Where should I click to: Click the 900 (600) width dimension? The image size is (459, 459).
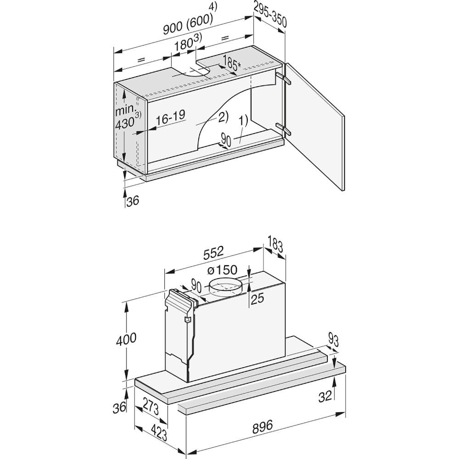point(188,24)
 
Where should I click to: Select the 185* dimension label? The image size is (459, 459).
point(231,62)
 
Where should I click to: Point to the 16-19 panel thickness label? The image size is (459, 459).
point(170,117)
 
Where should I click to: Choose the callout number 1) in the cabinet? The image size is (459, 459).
point(243,121)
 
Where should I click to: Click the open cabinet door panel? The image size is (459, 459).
point(315,127)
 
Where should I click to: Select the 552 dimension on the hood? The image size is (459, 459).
point(213,252)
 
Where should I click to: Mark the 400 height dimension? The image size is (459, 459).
point(126,339)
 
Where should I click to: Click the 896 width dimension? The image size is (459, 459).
point(262,426)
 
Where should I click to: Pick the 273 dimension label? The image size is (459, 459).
point(151,407)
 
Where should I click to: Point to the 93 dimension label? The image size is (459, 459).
point(333,340)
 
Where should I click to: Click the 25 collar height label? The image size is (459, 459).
point(257,299)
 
